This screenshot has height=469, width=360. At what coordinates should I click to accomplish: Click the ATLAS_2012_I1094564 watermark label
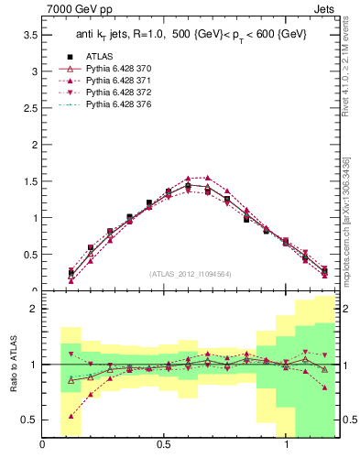pos(191,273)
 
